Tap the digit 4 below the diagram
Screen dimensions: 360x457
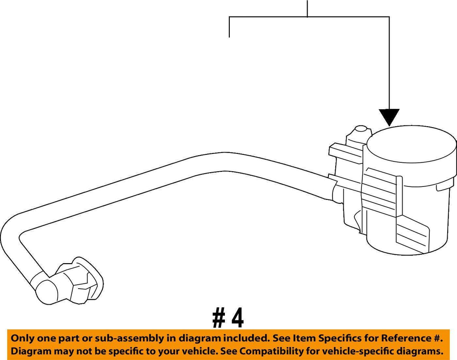pos(238,319)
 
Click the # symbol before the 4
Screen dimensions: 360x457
pos(219,319)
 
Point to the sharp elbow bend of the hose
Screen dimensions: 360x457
pos(13,232)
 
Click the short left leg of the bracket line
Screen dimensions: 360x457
pos(229,27)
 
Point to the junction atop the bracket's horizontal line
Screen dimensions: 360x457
pos(307,17)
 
